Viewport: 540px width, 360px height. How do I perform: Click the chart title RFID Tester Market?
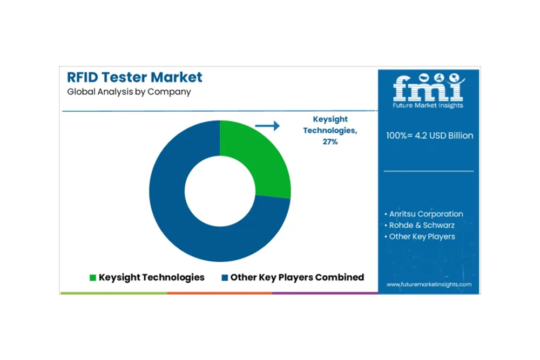click(x=134, y=77)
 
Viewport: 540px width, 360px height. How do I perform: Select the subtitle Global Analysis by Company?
click(x=129, y=92)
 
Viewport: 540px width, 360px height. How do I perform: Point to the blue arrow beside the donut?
click(x=267, y=126)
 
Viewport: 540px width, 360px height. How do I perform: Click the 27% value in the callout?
click(x=330, y=141)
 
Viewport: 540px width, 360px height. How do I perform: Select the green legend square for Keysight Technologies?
click(x=93, y=277)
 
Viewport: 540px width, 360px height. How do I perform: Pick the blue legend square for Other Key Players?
click(x=225, y=277)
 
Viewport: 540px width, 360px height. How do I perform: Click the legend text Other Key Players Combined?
click(x=297, y=277)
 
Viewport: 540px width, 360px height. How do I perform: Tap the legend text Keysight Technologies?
click(x=152, y=277)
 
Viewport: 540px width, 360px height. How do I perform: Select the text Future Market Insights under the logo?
click(x=428, y=105)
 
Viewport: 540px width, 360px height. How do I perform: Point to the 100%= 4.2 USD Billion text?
click(x=429, y=135)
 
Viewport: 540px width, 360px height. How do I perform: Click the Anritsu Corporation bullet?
click(x=424, y=214)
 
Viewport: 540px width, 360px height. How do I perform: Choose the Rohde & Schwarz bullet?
click(x=420, y=226)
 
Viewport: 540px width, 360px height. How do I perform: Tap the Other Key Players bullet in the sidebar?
click(x=420, y=237)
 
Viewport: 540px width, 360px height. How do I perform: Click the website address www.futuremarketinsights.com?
click(x=429, y=284)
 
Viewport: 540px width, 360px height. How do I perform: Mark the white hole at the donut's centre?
click(x=220, y=191)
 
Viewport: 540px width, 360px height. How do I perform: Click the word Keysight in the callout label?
click(x=330, y=119)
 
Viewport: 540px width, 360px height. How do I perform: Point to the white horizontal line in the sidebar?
click(x=429, y=171)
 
